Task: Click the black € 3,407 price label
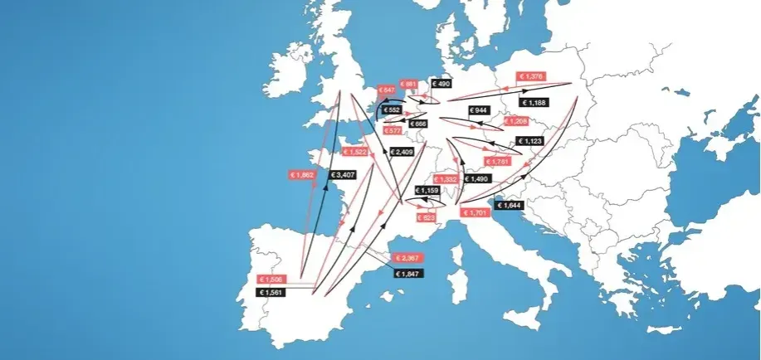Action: click(x=343, y=175)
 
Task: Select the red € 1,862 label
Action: click(x=303, y=175)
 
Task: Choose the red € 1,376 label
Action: click(x=530, y=77)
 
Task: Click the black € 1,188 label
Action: click(x=534, y=102)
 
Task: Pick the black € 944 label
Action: click(x=479, y=110)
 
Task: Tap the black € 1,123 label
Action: click(x=529, y=141)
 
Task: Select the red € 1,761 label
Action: click(x=500, y=161)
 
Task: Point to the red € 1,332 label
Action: click(x=446, y=179)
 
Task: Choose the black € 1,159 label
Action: click(x=427, y=191)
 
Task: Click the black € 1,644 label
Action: click(x=510, y=205)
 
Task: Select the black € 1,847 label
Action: click(x=408, y=274)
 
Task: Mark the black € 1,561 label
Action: click(x=271, y=292)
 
